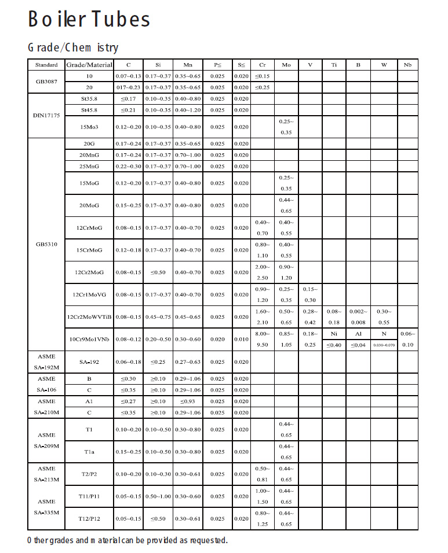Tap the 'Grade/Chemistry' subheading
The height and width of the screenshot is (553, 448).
[73, 47]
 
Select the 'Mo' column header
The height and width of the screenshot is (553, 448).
[286, 65]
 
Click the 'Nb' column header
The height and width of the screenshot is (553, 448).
[408, 65]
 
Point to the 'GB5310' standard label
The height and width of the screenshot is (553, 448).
[46, 244]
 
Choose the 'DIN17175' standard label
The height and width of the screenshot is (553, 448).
[46, 115]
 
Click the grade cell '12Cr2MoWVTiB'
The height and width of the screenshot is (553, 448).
[89, 317]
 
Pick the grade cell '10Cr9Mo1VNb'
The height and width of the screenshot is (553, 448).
[89, 339]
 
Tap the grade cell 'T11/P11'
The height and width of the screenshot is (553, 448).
[89, 496]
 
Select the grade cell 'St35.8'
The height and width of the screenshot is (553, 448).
[89, 99]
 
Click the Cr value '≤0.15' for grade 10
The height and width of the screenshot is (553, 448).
[262, 76]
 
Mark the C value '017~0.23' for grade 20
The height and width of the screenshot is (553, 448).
[128, 87]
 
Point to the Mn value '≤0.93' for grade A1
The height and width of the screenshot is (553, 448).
[188, 401]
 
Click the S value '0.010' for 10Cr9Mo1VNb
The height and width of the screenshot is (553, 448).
[241, 339]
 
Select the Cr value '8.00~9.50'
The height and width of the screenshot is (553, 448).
[262, 339]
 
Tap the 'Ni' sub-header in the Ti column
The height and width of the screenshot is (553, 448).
[334, 334]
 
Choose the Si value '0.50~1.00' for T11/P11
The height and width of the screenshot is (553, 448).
[158, 496]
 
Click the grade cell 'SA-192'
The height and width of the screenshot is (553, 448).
[89, 362]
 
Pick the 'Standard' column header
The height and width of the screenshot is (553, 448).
[46, 65]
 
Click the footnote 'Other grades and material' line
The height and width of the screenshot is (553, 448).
[128, 540]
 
